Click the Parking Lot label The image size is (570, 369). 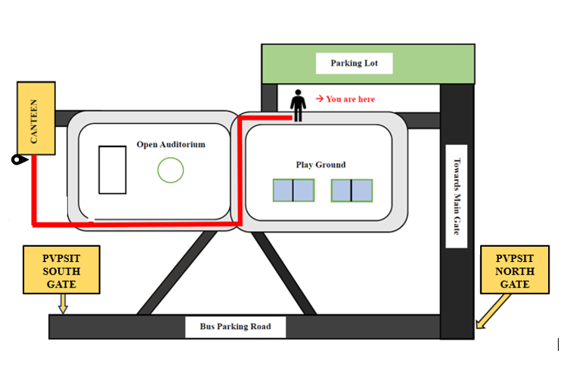(354, 63)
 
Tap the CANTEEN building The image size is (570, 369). (36, 118)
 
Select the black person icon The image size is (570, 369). (298, 106)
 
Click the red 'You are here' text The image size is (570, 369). (351, 99)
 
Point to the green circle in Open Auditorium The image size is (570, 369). (171, 171)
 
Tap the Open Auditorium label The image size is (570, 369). (171, 144)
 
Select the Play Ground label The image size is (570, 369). (321, 165)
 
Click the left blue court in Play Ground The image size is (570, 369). (294, 190)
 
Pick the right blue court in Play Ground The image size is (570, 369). (352, 190)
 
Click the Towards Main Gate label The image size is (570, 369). (457, 196)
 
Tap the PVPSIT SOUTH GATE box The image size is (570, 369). (61, 269)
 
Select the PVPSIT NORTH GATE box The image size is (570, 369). (515, 269)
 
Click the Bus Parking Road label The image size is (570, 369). (236, 327)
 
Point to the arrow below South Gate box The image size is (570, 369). (64, 303)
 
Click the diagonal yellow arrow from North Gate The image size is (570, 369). (494, 312)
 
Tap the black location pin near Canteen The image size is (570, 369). (19, 159)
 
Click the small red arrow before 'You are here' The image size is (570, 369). (320, 99)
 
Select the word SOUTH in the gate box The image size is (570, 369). (61, 272)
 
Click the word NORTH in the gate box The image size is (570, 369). (515, 272)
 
